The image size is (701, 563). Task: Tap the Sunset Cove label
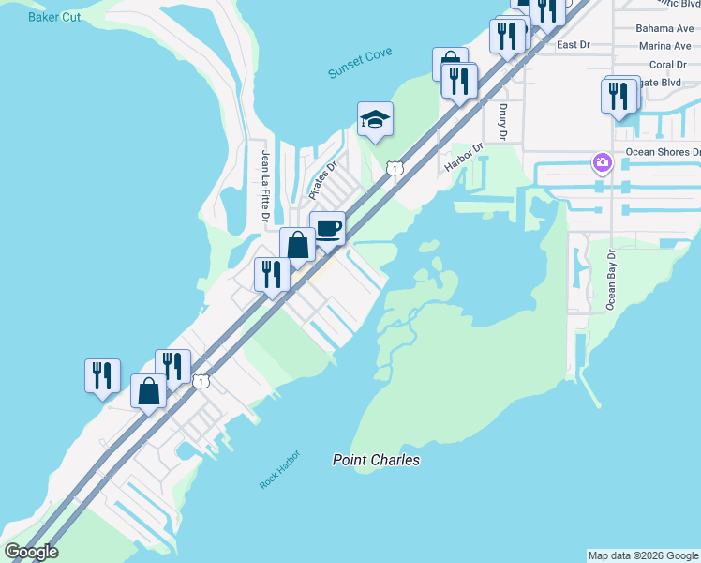[360, 64]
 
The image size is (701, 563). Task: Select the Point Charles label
[376, 460]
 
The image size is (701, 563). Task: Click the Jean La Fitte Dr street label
[266, 187]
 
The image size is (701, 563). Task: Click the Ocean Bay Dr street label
[612, 279]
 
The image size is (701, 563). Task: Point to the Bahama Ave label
[664, 28]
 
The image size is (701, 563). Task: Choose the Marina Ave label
[664, 46]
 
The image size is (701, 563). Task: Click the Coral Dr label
[668, 65]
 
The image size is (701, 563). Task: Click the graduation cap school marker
[375, 119]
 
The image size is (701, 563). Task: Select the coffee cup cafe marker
[328, 228]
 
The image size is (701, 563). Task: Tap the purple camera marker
[601, 163]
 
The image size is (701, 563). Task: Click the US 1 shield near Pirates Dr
[395, 168]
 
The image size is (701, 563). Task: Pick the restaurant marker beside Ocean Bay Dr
[619, 97]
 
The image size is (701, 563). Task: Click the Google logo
[31, 552]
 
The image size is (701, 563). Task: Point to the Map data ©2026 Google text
[642, 555]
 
